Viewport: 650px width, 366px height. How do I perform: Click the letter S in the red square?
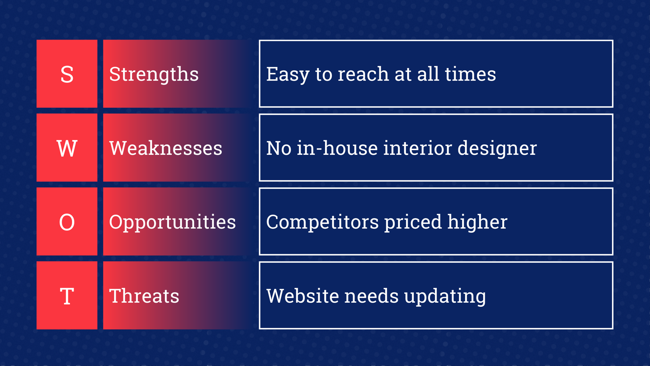point(67,75)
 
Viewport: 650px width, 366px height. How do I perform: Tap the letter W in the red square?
point(67,148)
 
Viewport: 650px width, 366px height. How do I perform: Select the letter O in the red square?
point(67,222)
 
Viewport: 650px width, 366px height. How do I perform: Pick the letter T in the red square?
point(67,296)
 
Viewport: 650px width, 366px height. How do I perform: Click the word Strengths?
point(154,75)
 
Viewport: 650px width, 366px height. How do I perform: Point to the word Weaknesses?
point(166,148)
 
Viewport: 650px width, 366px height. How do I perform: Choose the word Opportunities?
point(172,222)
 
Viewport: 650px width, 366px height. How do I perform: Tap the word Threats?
point(144,296)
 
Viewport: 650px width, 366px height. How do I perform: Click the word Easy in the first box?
point(287,75)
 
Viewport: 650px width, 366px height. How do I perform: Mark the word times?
point(470,75)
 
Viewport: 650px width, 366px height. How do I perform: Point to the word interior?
point(417,148)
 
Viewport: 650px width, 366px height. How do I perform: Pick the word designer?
point(497,148)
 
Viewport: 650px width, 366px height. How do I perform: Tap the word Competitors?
point(322,222)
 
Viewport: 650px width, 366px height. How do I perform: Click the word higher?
point(477,222)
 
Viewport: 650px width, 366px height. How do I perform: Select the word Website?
point(303,296)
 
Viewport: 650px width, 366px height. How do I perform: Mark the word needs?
point(371,296)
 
